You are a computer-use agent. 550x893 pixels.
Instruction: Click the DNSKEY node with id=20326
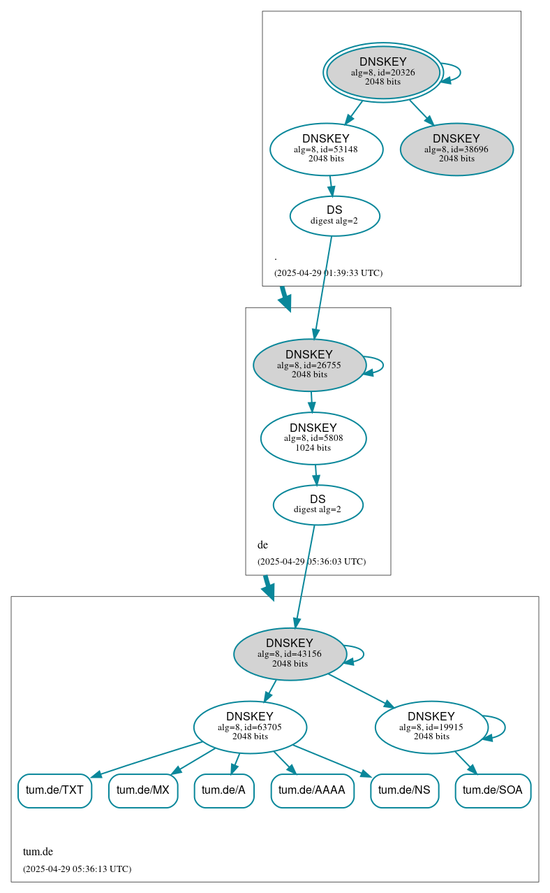(382, 72)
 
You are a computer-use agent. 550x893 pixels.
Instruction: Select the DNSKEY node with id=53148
(326, 149)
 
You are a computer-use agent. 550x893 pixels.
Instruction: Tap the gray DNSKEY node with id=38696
(456, 149)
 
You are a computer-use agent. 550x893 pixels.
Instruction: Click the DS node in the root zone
(334, 215)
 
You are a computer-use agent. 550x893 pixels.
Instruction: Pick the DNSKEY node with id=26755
(309, 365)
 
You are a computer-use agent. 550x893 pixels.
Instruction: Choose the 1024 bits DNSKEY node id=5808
(313, 438)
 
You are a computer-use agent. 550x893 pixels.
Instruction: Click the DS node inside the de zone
(318, 504)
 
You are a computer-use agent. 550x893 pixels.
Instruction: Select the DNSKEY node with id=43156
(290, 654)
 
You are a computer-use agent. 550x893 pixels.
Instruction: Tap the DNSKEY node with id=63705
(250, 727)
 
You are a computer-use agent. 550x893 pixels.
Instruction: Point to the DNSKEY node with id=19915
(431, 727)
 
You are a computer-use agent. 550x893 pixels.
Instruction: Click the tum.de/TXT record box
(54, 790)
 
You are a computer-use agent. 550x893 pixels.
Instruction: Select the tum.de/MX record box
(143, 790)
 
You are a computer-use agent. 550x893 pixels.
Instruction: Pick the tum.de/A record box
(223, 790)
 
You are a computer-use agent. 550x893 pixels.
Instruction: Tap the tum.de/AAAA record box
(312, 790)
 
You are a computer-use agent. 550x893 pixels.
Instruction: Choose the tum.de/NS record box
(404, 790)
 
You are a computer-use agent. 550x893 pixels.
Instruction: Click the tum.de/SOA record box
(493, 790)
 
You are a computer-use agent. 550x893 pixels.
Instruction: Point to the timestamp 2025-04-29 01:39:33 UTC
(328, 273)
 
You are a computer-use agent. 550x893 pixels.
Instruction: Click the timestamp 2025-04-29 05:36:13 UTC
(77, 869)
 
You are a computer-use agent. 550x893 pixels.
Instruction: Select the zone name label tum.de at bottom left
(38, 851)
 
